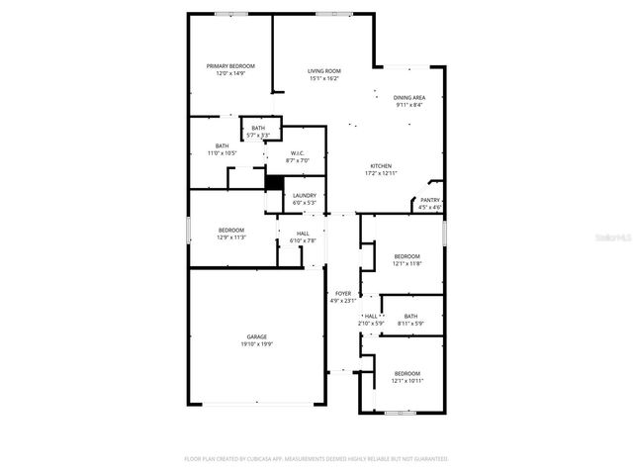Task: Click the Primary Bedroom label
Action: coord(225,66)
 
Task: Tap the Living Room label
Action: coord(324,71)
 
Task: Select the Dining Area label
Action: coord(409,98)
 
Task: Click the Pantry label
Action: coord(429,200)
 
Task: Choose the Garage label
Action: coord(256,336)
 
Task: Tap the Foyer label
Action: coord(343,294)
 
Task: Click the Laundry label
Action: coord(305,196)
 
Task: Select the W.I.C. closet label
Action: coord(298,153)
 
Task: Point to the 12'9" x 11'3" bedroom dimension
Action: coord(231,237)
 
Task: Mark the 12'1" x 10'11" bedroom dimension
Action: coord(407,381)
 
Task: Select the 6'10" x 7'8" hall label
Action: coord(303,240)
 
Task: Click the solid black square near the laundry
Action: coord(275,184)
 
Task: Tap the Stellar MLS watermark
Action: coord(612,238)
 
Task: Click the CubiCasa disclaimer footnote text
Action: coord(316,459)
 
